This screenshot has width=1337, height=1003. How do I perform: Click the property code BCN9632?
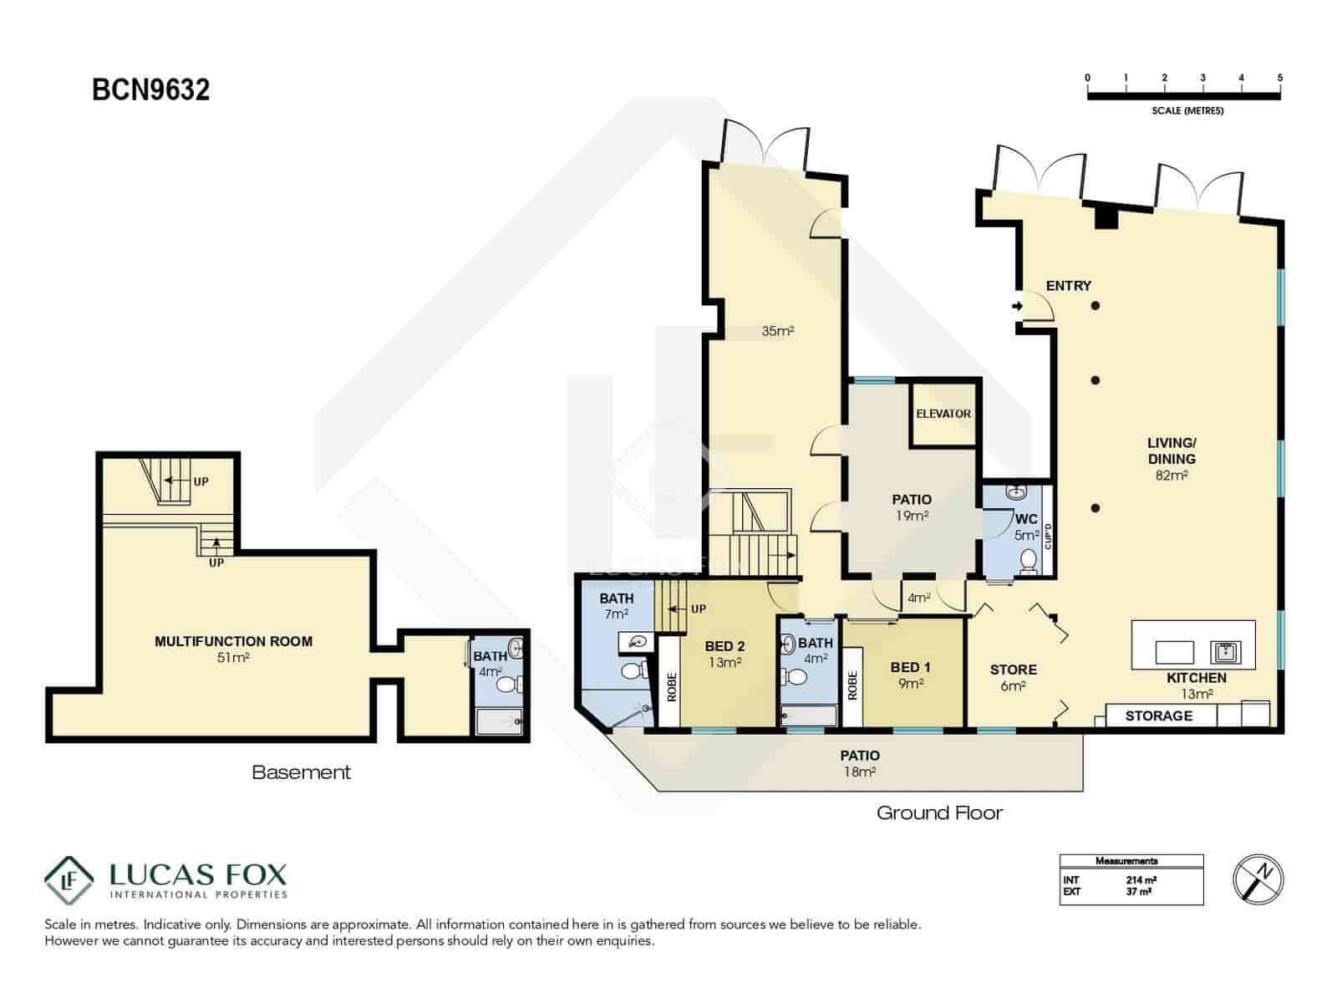[150, 89]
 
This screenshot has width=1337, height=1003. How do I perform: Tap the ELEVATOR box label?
[943, 414]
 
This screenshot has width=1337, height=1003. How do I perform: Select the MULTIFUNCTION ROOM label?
[233, 641]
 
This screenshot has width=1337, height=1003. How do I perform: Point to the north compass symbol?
[1258, 878]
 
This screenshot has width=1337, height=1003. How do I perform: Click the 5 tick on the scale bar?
[1279, 78]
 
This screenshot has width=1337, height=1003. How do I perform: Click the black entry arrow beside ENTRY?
[1017, 306]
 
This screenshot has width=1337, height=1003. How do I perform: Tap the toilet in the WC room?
[1029, 559]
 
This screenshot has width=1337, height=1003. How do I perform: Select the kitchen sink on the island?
[1226, 650]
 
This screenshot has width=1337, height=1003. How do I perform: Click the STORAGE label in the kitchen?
[1158, 715]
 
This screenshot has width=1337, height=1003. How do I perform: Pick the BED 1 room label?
[910, 667]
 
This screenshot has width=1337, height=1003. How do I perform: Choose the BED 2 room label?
[724, 646]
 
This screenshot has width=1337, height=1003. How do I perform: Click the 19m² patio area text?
[912, 516]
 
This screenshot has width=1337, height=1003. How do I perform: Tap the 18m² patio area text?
[859, 771]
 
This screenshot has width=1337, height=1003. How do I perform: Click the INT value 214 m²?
[1141, 880]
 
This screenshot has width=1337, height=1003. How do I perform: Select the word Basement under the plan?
[301, 772]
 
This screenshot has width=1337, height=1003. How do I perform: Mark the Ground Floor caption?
[939, 812]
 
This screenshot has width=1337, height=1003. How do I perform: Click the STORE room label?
[1013, 670]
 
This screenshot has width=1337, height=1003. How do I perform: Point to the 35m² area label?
[777, 331]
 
